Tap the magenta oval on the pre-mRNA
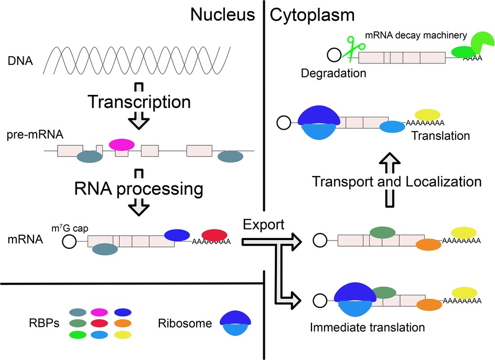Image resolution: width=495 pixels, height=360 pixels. tap(122, 144)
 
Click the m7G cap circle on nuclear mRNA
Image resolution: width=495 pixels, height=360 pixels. tap(68, 242)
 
